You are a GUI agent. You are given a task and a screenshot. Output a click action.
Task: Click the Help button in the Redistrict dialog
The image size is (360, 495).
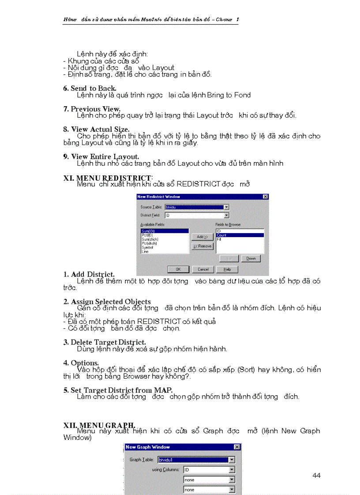point(227,269)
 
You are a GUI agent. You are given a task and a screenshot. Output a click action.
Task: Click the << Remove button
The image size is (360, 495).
point(202,246)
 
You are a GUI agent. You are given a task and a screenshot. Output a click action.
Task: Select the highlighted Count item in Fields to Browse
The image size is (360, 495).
point(240,235)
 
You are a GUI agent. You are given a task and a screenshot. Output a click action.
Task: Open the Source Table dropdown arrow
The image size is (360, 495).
point(226,207)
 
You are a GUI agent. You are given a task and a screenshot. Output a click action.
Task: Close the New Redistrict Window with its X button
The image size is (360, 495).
point(265,197)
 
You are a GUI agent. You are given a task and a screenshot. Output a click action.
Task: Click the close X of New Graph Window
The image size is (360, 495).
point(237,447)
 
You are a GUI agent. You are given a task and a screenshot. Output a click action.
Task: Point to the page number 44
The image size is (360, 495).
point(316,475)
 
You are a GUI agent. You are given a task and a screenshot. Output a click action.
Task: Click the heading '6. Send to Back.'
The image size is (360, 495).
point(90,88)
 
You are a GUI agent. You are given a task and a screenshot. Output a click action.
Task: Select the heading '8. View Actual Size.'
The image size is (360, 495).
point(96,129)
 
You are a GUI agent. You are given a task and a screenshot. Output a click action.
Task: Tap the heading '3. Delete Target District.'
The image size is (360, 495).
point(105,342)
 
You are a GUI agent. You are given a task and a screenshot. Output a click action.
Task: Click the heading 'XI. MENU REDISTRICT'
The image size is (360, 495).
point(107,177)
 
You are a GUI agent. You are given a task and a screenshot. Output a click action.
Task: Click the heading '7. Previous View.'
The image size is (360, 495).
point(92,109)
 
